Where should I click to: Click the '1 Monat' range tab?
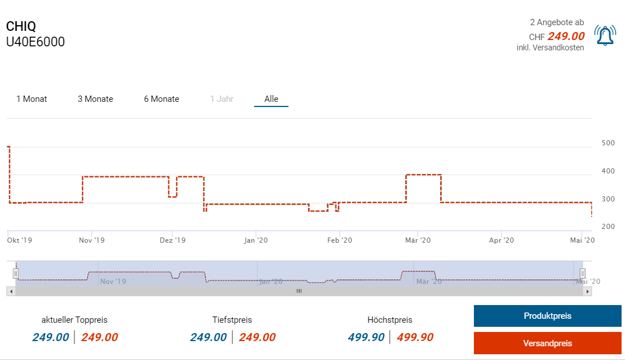(31, 99)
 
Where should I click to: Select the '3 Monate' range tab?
(95, 99)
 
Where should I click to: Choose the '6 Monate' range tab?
(161, 99)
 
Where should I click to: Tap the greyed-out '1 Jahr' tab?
(221, 99)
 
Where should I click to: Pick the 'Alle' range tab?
(271, 99)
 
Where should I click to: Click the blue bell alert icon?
(604, 35)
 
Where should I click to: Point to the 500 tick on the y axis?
(608, 143)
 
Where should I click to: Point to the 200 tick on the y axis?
(608, 227)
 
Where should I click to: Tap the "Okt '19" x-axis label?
(19, 240)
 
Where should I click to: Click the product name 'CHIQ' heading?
(21, 26)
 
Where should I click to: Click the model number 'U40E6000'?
(35, 42)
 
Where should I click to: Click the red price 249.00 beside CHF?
(565, 36)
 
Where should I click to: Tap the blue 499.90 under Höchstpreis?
(366, 337)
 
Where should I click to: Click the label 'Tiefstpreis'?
(232, 320)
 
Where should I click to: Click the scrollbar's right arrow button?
(587, 291)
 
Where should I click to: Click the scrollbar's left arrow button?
(10, 291)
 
